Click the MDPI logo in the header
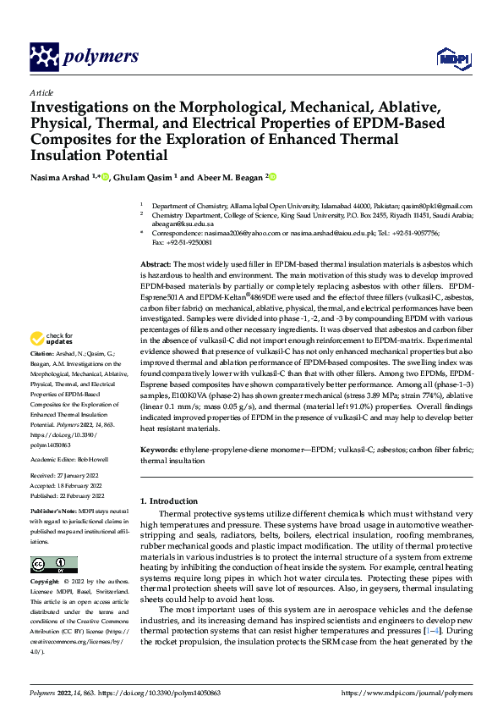tap(450, 57)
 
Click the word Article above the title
tap(41, 92)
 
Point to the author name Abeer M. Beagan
tap(229, 178)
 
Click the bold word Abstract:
tap(156, 265)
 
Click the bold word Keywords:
tap(160, 451)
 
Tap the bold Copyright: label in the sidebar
tap(48, 583)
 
